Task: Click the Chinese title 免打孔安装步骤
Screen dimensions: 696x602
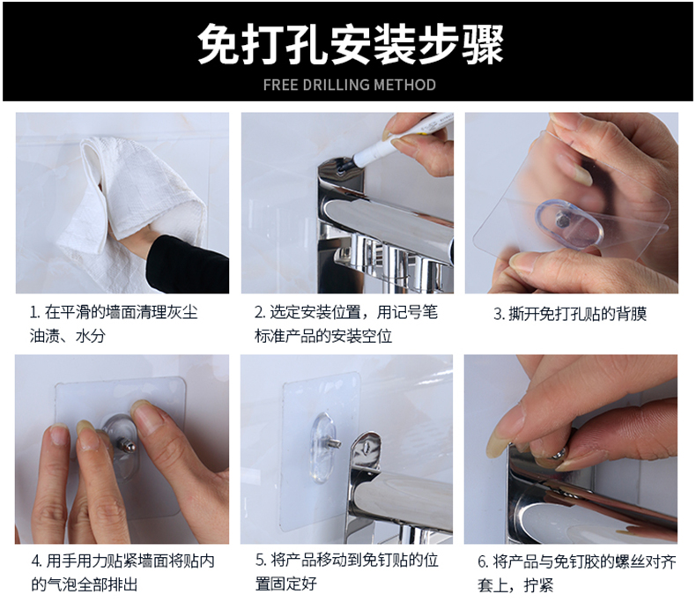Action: pos(351,44)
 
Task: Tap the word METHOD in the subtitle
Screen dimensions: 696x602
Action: pos(404,85)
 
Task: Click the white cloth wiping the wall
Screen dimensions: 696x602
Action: pos(133,196)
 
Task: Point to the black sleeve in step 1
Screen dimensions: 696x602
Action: pos(189,264)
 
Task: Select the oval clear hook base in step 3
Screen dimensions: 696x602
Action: pos(569,223)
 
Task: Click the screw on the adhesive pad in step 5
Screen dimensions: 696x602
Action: pos(333,443)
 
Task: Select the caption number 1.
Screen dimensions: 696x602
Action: pos(33,313)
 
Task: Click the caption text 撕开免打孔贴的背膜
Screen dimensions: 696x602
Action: pos(577,314)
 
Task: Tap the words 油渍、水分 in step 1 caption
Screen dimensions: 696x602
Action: pos(68,336)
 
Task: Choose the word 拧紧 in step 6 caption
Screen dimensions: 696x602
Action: pos(538,585)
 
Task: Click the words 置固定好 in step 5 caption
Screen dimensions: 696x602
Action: pos(285,583)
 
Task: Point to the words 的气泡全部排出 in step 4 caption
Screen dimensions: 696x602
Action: pos(84,583)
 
